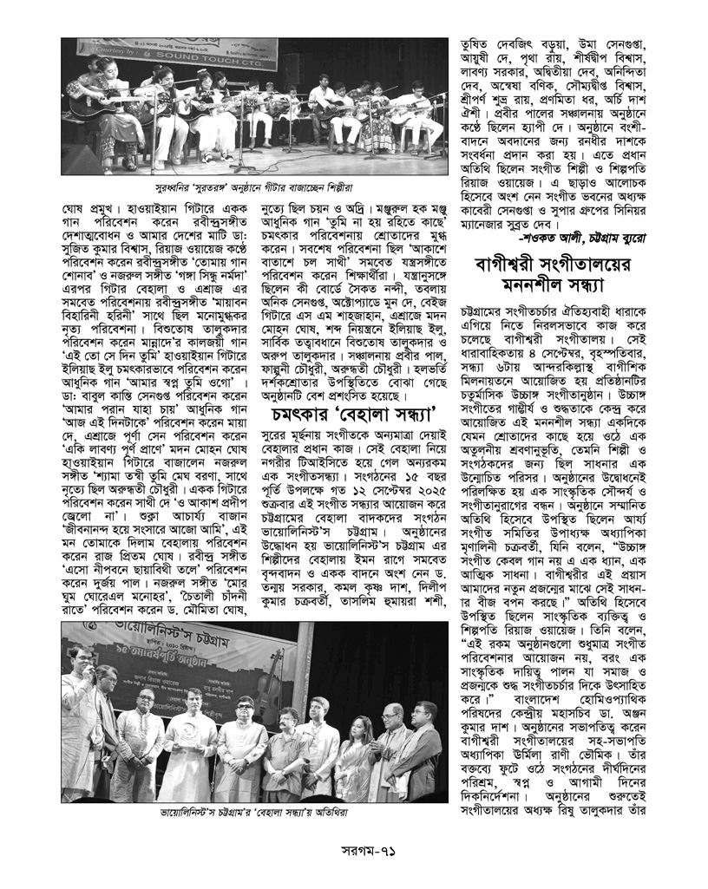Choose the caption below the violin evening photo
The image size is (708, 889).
[x=254, y=816]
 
